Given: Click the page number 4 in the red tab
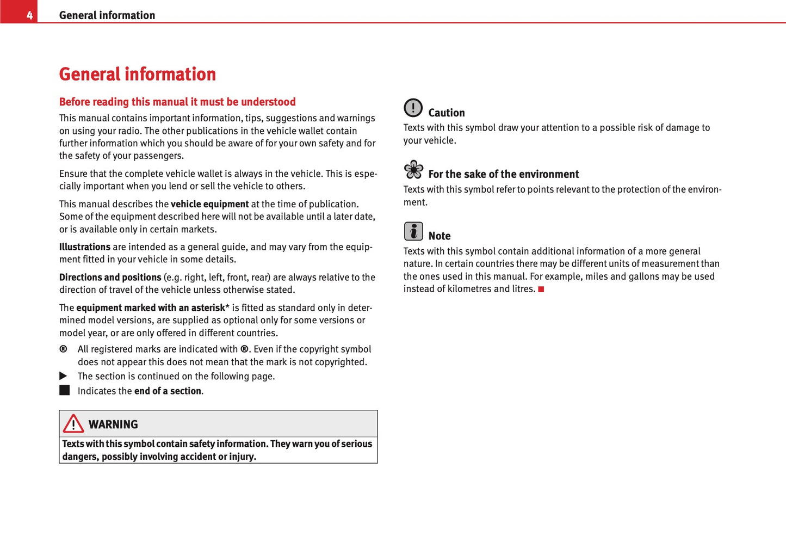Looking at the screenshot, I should pos(29,15).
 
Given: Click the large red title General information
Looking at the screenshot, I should pos(137,74).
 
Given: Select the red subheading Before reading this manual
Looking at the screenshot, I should pos(177,102).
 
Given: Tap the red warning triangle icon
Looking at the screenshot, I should pos(73,423).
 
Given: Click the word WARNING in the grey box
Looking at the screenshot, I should pos(113,424).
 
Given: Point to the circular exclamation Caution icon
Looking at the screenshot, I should pos(413,108).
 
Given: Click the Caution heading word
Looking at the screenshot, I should pos(447,113).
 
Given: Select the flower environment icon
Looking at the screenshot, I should pos(414,170).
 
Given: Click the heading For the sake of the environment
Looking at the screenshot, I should pos(503,174).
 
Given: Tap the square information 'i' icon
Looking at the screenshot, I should pos(413,231).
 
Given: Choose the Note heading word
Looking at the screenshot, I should pos(440,236).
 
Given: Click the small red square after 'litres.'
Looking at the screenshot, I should pos(541,289).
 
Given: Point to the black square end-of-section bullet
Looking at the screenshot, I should pos(65,390).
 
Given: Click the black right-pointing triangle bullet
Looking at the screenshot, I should pos(63,376).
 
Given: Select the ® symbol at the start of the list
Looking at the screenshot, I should pos(63,349).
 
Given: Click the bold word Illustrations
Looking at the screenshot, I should pos(85,247).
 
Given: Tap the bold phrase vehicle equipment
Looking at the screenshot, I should pos(209,204).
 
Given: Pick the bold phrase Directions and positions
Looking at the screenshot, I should pos(110,278).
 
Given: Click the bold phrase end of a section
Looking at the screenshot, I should pos(168,391).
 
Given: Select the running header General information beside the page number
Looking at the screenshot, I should pos(107,15).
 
